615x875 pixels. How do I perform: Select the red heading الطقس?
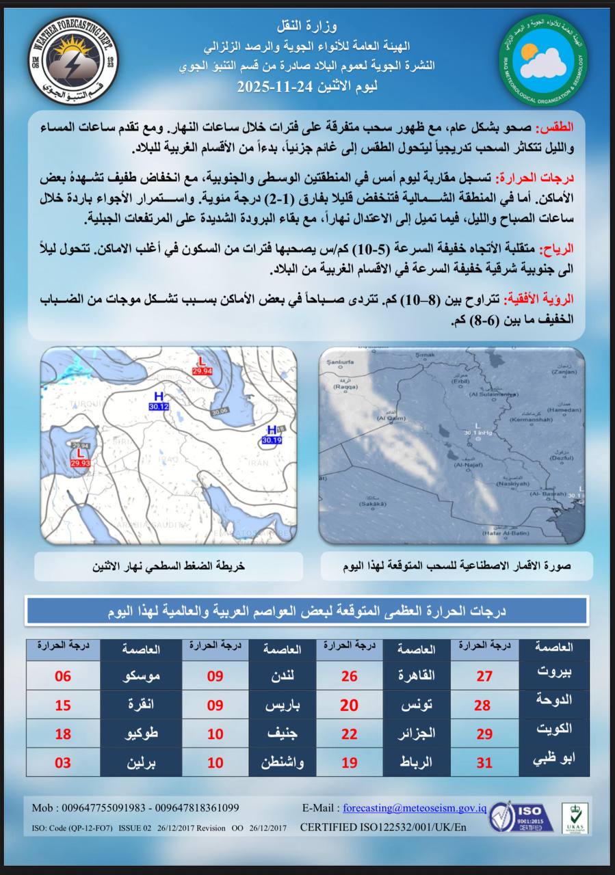coord(558,129)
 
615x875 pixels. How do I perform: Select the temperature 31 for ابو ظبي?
coord(484,762)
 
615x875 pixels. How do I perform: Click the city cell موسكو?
coord(141,677)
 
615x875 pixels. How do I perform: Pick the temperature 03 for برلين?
coord(63,762)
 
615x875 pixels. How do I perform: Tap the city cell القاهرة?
coord(417,677)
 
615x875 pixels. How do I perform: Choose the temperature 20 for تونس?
coord(350,705)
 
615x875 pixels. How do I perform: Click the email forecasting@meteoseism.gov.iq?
coord(415,808)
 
